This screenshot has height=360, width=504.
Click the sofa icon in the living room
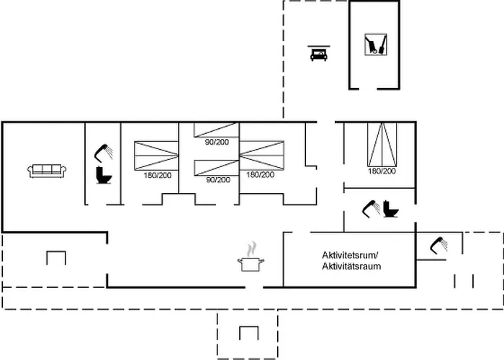pyautogui.click(x=48, y=170)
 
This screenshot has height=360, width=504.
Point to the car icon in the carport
pyautogui.click(x=318, y=53)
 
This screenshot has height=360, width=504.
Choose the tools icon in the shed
pyautogui.click(x=374, y=45)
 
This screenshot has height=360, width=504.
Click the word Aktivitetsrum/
pyautogui.click(x=351, y=256)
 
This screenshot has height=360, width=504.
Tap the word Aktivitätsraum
pyautogui.click(x=351, y=266)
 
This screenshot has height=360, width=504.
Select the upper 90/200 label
pyautogui.click(x=217, y=142)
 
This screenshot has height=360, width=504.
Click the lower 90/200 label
pyautogui.click(x=217, y=180)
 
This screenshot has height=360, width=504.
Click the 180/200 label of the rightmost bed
pyautogui.click(x=382, y=171)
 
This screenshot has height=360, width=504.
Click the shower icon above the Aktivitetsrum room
pyautogui.click(x=372, y=208)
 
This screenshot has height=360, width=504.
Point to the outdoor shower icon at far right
pyautogui.click(x=437, y=246)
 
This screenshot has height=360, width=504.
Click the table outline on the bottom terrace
pyautogui.click(x=248, y=333)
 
